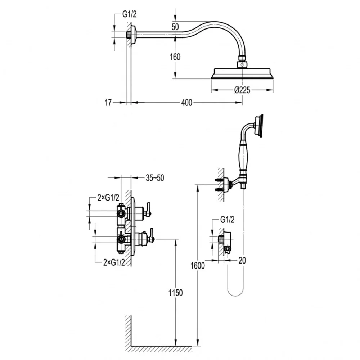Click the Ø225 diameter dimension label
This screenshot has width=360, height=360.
[242, 90]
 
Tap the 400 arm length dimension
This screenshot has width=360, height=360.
[186, 103]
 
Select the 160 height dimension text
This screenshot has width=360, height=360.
[175, 57]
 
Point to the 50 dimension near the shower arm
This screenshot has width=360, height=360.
[175, 27]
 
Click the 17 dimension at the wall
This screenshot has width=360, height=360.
[108, 103]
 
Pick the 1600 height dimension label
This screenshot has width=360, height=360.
[198, 266]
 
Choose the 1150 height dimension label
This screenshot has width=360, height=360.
[176, 293]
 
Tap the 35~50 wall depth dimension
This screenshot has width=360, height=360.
[155, 178]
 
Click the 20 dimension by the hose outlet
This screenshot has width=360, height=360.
[242, 260]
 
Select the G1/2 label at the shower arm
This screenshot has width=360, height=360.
[129, 14]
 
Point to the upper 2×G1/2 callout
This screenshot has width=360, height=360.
[108, 197]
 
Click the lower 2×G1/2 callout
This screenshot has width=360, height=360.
[114, 262]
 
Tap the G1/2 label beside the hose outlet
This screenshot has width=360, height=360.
[227, 220]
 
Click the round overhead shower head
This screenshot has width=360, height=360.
[242, 73]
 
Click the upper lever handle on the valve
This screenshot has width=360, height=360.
[147, 209]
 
